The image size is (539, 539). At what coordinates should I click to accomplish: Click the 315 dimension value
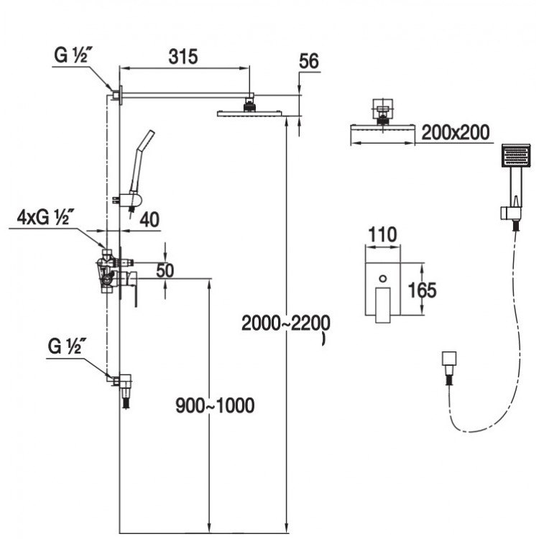point(183,57)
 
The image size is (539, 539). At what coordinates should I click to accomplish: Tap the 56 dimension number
point(309,62)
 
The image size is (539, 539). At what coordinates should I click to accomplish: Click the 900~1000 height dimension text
point(215,405)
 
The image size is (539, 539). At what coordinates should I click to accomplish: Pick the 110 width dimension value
point(382,234)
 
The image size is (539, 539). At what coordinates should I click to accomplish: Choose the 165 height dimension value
point(423,290)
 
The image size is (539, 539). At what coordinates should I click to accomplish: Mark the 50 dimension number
point(166,271)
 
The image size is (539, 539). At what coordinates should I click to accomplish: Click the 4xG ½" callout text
point(43,216)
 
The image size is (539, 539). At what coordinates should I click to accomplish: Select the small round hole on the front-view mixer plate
point(382,276)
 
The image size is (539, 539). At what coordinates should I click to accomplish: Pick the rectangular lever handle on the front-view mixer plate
point(383,301)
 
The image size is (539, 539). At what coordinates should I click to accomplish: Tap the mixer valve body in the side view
point(109,272)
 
